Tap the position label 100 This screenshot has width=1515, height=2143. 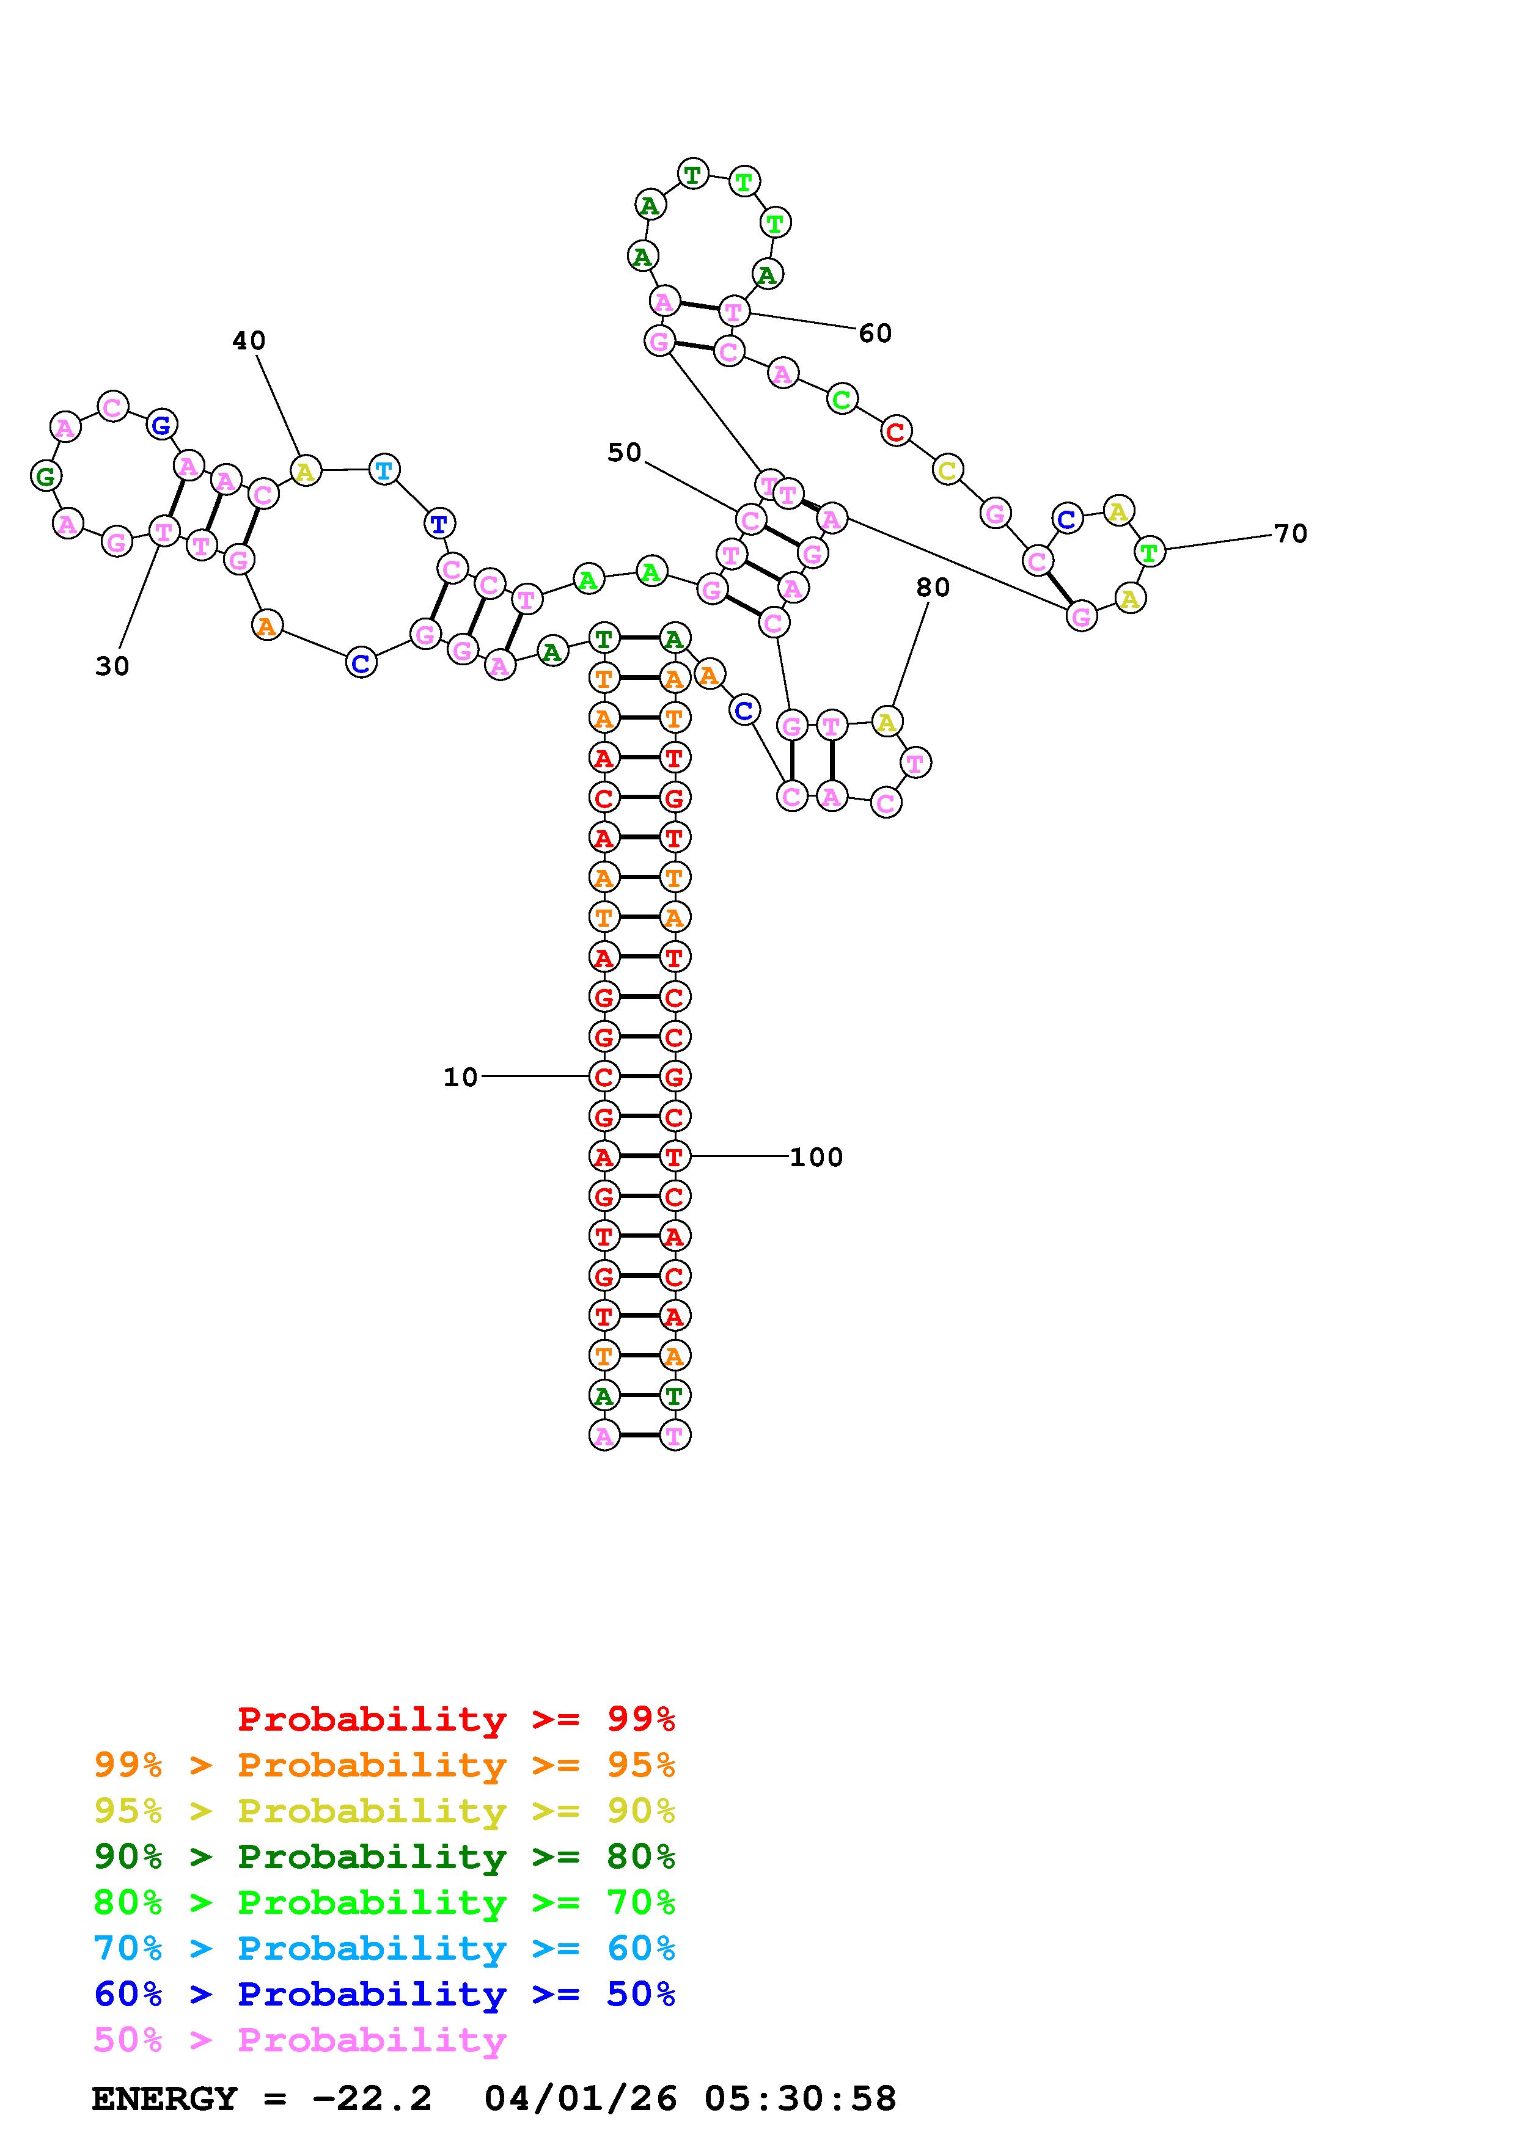pos(816,1158)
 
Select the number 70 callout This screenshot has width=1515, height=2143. pos(1290,534)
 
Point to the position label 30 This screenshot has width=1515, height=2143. pos(112,666)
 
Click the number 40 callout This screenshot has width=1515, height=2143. pos(248,341)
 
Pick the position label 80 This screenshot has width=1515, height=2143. pos(933,587)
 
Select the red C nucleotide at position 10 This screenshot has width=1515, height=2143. pos(604,1077)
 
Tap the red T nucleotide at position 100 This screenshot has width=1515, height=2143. pos(674,1156)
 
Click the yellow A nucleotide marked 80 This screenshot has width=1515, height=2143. pos(886,721)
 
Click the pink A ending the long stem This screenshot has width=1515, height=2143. pos(604,1436)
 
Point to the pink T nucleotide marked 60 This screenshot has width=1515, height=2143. pos(734,312)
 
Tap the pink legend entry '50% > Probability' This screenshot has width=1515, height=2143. pos(299,2040)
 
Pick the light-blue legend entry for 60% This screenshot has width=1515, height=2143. pos(384,1949)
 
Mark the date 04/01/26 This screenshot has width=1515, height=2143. pos(580,2099)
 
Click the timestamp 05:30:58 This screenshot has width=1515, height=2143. pos(800,2099)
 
